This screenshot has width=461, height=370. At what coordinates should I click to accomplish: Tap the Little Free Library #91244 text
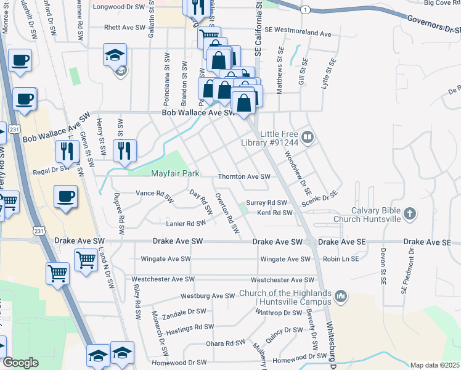point(279,138)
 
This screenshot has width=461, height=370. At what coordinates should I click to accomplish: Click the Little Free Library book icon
point(308,137)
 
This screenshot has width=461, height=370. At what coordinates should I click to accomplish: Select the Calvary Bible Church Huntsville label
point(367,214)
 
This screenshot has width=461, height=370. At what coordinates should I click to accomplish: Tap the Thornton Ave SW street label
point(244,177)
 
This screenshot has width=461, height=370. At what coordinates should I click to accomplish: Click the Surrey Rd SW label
point(267,202)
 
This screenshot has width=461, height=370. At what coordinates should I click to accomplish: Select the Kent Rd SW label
point(274,213)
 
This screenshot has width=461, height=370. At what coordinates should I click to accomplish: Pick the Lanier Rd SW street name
point(186,223)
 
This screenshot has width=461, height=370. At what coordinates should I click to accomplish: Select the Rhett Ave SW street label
point(124,27)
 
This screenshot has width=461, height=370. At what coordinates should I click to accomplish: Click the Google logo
point(20,363)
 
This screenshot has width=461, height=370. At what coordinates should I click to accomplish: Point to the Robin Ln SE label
point(340,259)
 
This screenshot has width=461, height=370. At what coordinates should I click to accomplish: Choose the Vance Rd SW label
point(153,194)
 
